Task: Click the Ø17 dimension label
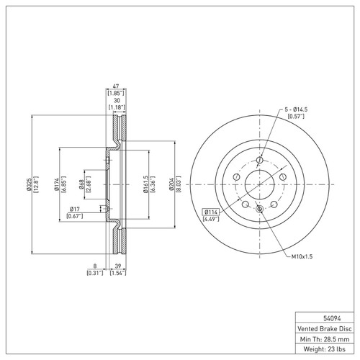pos(73,210)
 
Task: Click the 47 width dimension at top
pos(116,86)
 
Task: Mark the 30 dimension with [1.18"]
pos(116,102)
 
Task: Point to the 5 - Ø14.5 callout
pos(294,107)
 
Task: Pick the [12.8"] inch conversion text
pos(35,186)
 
